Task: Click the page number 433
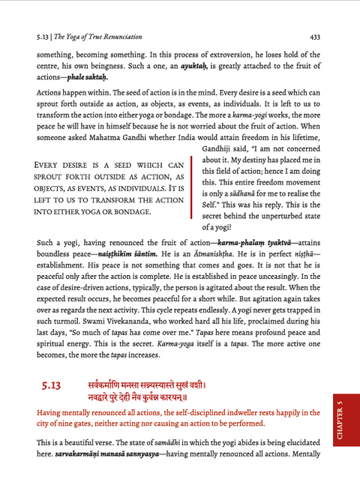point(315,35)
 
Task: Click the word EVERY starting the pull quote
point(52,165)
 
